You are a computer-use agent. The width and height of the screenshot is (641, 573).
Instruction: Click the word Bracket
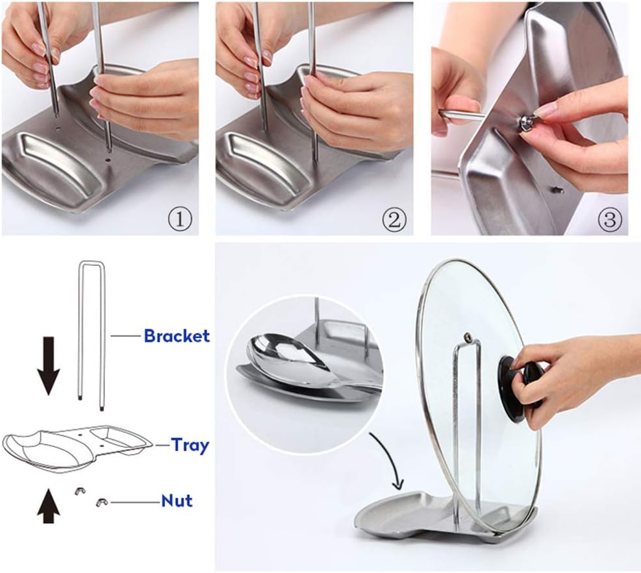[x=177, y=336]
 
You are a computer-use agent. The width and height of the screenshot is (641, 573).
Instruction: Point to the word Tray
[x=190, y=445]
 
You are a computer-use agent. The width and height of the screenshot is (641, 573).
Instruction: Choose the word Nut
[x=177, y=501]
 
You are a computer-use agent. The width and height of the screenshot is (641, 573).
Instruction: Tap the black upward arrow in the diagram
[x=47, y=506]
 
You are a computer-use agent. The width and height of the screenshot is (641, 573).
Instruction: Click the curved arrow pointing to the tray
[x=386, y=461]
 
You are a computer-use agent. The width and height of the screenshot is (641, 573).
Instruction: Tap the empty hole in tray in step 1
[x=108, y=158]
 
